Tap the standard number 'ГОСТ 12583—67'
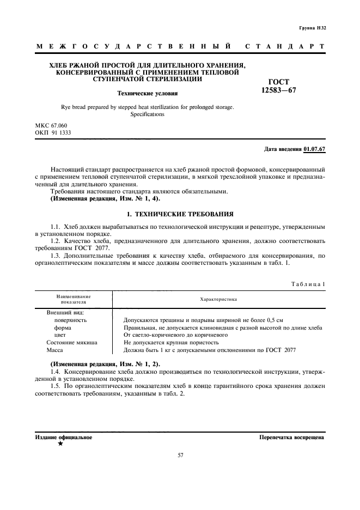click(278, 86)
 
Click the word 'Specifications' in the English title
click(147, 115)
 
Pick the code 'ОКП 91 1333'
click(53, 132)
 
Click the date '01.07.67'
click(314, 149)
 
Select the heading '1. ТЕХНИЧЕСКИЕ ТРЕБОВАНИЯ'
click(180, 214)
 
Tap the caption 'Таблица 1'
click(308, 283)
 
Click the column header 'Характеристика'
click(218, 299)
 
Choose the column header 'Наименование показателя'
click(73, 299)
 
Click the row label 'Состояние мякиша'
click(72, 343)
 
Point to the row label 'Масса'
click(54, 350)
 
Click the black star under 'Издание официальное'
click(60, 444)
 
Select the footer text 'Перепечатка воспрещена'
click(292, 437)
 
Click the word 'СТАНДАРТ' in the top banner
click(285, 47)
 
